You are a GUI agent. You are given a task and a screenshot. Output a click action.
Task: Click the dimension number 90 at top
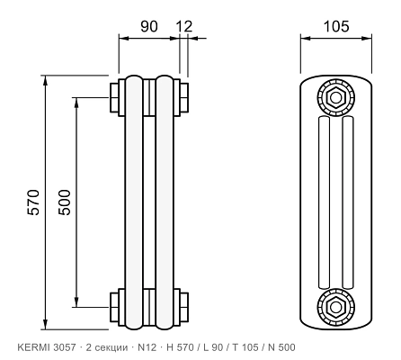(x=149, y=26)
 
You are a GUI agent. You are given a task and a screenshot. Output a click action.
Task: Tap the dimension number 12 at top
(x=184, y=26)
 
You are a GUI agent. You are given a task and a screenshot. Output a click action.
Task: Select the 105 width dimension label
(x=336, y=26)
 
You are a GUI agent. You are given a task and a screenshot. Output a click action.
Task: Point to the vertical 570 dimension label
(x=33, y=202)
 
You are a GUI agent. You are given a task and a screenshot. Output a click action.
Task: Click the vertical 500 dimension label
(x=65, y=202)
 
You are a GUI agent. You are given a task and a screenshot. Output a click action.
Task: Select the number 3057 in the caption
(x=65, y=347)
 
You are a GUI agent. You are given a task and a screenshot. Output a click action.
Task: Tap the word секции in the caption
(x=111, y=347)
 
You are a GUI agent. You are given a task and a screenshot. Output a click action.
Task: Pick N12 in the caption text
(x=147, y=347)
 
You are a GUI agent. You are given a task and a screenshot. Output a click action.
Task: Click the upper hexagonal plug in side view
(x=335, y=97)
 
